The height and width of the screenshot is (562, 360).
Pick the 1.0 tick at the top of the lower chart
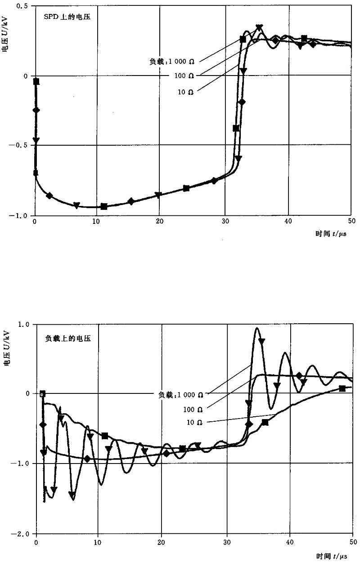pos(23,324)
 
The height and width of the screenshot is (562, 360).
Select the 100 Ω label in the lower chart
pos(193,409)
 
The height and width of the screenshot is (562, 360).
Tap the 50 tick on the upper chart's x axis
pos(351,221)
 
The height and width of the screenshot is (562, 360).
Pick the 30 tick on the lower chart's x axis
pos(227,544)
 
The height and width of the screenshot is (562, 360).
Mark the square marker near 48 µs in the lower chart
pos(342,388)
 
